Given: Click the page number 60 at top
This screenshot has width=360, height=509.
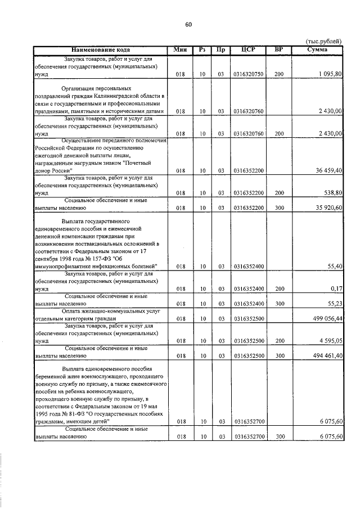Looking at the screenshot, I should coord(188,24).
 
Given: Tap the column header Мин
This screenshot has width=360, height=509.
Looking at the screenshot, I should coord(180,49).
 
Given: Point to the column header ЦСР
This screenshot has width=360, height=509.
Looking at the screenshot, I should coord(248,49).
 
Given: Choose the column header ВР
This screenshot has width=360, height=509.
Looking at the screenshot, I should coord(278,49).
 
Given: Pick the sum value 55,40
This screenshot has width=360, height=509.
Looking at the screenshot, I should coord(334,266).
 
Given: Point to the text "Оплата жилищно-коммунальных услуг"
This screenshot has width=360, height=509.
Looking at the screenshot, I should coord(107,311).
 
